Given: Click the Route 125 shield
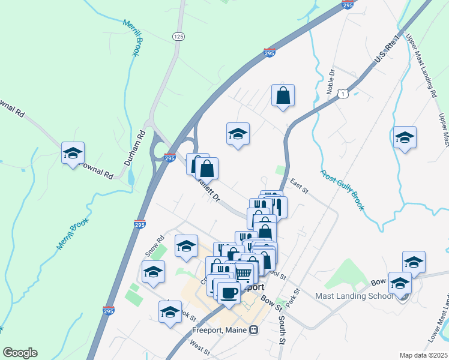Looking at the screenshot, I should click(x=178, y=37).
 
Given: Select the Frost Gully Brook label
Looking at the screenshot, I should click(x=343, y=191).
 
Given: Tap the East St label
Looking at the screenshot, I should click(x=298, y=186).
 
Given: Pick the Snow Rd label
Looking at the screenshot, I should click(x=154, y=247).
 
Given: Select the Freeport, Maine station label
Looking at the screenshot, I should click(x=220, y=329).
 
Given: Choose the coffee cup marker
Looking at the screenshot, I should click(x=229, y=292).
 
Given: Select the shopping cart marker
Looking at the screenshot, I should click(x=243, y=273).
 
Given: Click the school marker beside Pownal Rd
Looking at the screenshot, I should click(x=73, y=153).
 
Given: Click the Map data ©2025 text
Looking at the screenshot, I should click(x=423, y=355).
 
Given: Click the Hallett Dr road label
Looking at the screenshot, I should click(x=209, y=190).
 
